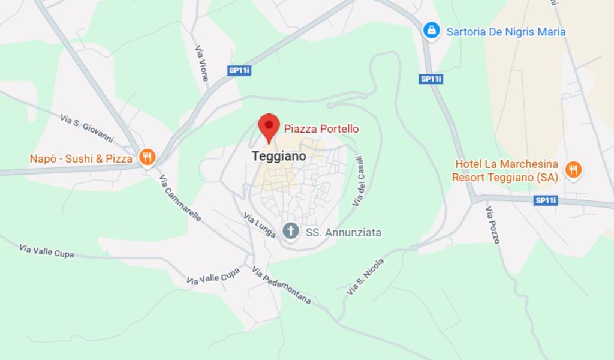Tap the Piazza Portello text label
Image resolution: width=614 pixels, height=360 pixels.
[321, 128]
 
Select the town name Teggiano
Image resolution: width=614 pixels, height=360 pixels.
[278, 156]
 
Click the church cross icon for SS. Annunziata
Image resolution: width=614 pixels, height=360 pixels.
[291, 231]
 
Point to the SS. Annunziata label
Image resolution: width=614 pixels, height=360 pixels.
[344, 232]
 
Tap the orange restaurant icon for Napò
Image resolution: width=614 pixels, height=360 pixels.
[147, 158]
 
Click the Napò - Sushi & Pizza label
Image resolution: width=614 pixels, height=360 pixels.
[81, 159]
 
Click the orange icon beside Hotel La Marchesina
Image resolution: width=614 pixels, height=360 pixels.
[574, 170]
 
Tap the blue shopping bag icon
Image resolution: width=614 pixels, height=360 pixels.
[431, 31]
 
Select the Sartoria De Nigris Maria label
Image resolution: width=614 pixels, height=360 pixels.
[505, 32]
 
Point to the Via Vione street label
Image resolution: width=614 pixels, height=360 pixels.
[201, 63]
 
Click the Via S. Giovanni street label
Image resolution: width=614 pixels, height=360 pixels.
[87, 128]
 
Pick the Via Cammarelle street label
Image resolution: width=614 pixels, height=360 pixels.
[180, 198]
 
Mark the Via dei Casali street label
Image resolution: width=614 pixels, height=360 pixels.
[358, 181]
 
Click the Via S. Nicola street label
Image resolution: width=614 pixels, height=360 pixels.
[365, 277]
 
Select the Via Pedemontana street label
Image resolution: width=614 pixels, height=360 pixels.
[281, 286]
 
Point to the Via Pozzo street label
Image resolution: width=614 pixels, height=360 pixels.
[492, 225]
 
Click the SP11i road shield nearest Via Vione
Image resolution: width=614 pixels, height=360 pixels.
[239, 70]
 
